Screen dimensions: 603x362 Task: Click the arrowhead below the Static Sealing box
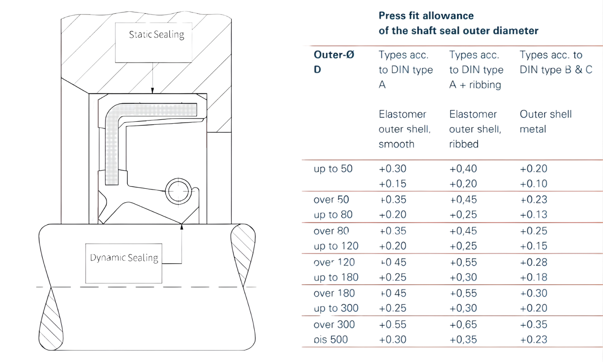[x=153, y=90]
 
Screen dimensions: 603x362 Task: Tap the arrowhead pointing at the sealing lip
[x=182, y=227]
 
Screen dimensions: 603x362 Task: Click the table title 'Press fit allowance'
[x=426, y=16]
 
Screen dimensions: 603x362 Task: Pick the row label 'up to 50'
[x=333, y=169]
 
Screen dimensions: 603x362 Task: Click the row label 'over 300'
[x=334, y=325]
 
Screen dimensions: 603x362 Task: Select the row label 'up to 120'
[x=336, y=246]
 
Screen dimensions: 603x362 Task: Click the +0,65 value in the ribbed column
[x=463, y=325]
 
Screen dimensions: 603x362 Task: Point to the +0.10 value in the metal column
[x=534, y=184]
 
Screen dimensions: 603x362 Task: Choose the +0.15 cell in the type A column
[x=393, y=184]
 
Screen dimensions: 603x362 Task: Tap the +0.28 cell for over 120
[x=534, y=262]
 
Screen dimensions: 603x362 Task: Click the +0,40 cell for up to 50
[x=463, y=169]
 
